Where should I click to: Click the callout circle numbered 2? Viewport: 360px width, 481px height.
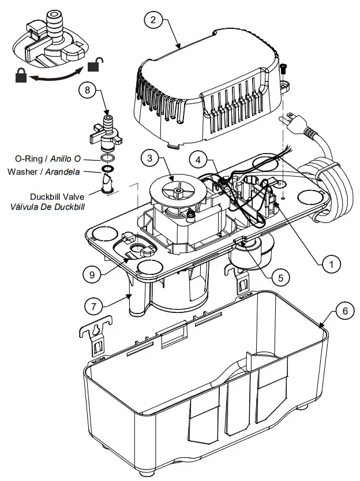coord(153,20)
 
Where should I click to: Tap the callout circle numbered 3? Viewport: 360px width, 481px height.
coord(149,158)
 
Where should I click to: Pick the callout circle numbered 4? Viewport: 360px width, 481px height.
coord(198,158)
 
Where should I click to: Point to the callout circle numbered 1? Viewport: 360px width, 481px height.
coord(331,264)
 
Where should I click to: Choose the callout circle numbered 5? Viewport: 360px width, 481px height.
coord(280,277)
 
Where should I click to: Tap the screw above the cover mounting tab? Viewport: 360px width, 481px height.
coord(284,68)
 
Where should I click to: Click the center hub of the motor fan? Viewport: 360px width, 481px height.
coord(179,188)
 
